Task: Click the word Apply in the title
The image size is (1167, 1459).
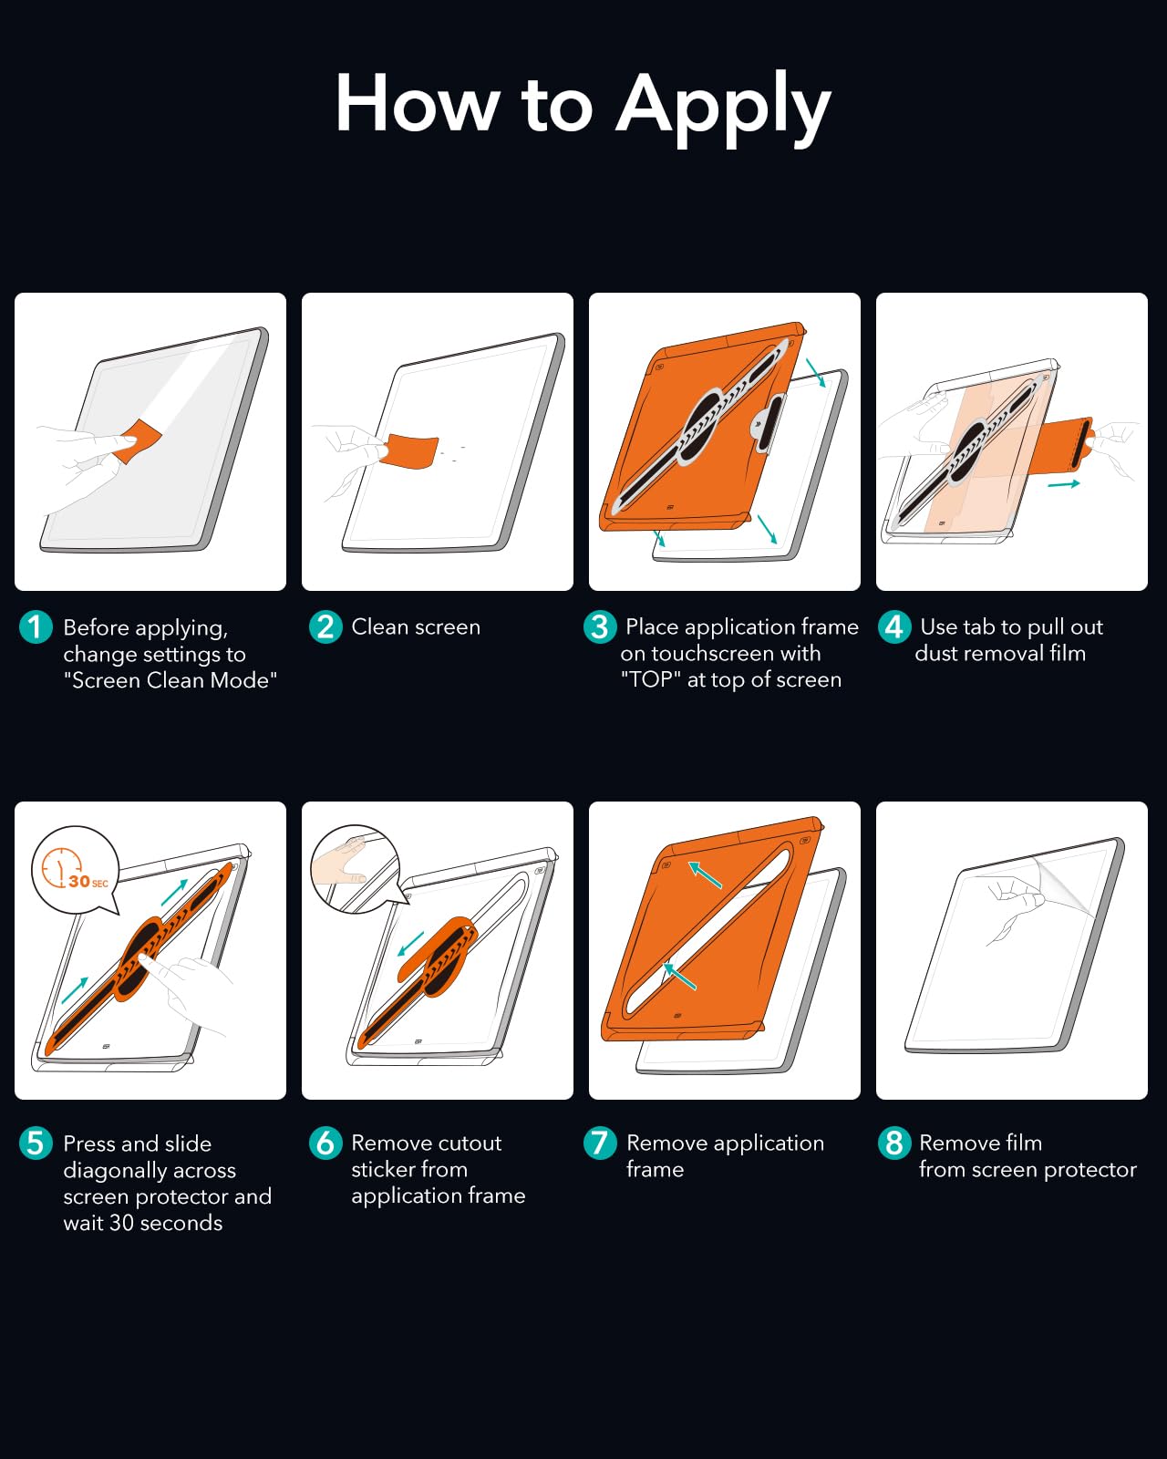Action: [723, 107]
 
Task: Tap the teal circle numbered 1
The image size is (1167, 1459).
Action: [36, 626]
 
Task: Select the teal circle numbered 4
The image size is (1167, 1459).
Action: [893, 626]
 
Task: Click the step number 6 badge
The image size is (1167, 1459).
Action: [325, 1143]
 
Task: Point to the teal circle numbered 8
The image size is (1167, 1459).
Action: [893, 1143]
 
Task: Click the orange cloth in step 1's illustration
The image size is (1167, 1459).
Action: [139, 440]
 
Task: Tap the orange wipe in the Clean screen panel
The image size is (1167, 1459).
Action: [409, 451]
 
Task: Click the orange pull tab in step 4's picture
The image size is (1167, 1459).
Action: [1065, 443]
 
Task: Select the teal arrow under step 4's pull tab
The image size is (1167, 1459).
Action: [1063, 484]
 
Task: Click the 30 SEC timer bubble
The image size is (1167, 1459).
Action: [75, 869]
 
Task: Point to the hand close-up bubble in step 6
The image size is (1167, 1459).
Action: [354, 868]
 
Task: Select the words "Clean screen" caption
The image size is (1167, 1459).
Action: [416, 627]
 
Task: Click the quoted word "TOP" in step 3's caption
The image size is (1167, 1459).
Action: [651, 679]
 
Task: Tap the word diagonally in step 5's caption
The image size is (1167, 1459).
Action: [150, 1171]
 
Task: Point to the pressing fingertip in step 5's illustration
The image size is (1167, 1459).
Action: [144, 957]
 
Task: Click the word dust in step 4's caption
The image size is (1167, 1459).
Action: [935, 653]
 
